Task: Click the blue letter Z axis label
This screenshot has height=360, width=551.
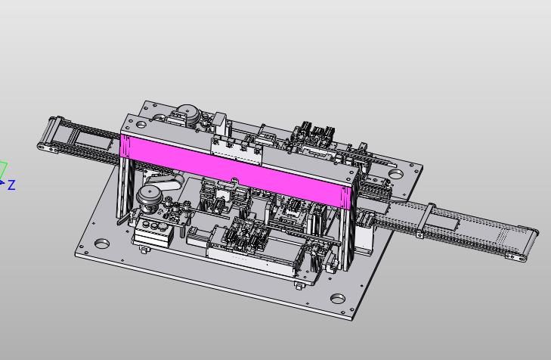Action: (x=11, y=185)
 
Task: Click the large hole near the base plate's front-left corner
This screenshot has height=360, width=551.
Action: (x=102, y=243)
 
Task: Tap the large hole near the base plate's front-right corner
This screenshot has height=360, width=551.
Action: (x=338, y=299)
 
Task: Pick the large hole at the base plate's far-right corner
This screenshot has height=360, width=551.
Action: (x=396, y=173)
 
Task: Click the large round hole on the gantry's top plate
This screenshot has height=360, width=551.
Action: (x=141, y=124)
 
